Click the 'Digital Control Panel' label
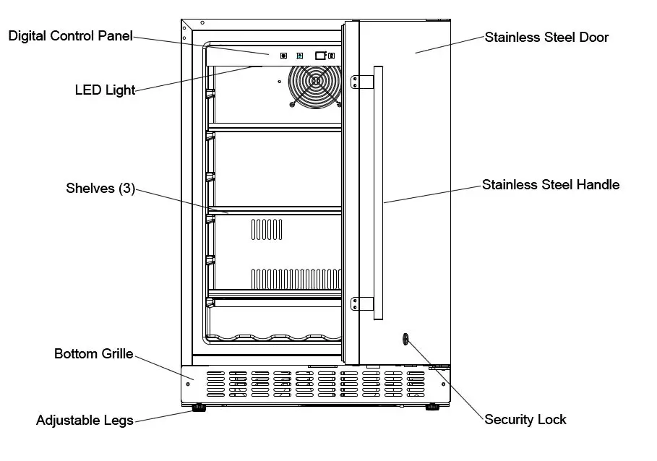(71, 36)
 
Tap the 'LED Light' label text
(105, 90)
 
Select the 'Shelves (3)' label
(100, 189)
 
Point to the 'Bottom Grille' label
(94, 354)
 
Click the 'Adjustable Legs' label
(85, 420)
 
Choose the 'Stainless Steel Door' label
(546, 37)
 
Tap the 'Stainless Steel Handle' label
(551, 185)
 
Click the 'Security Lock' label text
(525, 420)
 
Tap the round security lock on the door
(404, 338)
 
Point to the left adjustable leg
(197, 408)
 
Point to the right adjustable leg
(431, 408)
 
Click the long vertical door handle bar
(377, 192)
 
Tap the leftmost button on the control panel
(283, 55)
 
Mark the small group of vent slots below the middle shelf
(267, 230)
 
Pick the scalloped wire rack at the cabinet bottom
(275, 337)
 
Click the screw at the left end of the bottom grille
(189, 384)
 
